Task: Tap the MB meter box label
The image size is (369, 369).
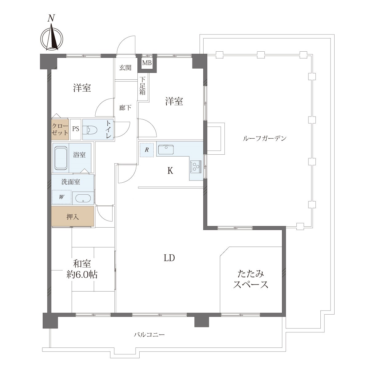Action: point(147,63)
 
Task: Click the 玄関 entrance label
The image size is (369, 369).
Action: point(125,68)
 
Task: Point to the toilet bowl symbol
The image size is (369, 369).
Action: point(92,130)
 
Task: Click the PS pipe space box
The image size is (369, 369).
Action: point(76,129)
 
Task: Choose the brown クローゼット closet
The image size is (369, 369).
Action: point(60,129)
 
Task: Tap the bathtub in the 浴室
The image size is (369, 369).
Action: point(61,158)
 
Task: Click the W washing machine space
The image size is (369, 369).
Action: point(61,197)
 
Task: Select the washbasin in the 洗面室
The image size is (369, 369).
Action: point(83,198)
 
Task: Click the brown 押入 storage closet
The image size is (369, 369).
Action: point(73,216)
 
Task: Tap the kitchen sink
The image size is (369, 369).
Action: point(166,149)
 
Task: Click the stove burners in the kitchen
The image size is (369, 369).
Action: point(196,167)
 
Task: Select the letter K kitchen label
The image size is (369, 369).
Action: point(170,171)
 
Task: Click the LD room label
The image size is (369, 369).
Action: point(169,258)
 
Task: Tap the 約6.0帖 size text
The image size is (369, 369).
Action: point(82,275)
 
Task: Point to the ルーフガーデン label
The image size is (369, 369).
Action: point(265,138)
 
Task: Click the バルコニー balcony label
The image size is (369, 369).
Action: point(149,335)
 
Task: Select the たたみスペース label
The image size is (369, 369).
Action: point(251,280)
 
